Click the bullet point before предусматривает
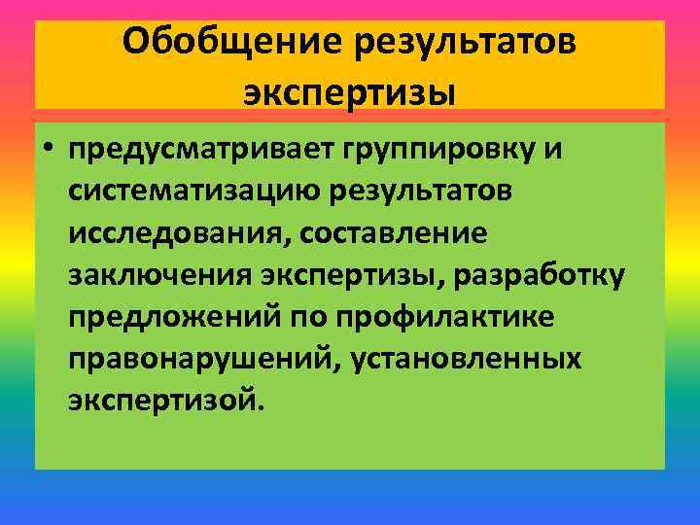(x=47, y=152)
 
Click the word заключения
(x=160, y=276)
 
